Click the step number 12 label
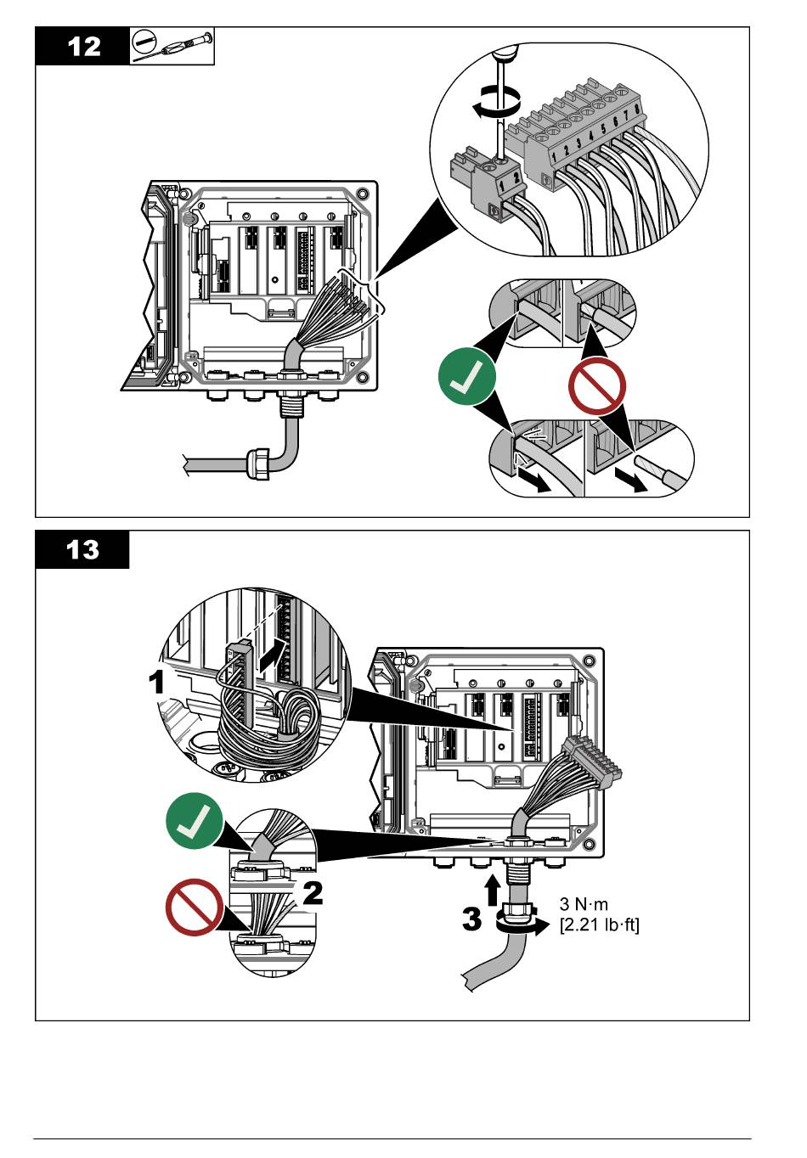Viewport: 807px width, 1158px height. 82,46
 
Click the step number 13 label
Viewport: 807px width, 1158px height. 82,550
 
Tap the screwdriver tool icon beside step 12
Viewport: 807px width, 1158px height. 172,46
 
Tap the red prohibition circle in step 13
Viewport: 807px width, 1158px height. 195,907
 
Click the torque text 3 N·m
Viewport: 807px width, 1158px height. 584,904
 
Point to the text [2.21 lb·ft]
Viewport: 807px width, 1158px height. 600,925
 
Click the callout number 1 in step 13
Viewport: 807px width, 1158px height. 157,681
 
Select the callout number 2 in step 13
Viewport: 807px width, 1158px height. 313,892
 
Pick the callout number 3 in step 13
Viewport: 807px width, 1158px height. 473,919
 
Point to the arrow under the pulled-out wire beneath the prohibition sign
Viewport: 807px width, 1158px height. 631,481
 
